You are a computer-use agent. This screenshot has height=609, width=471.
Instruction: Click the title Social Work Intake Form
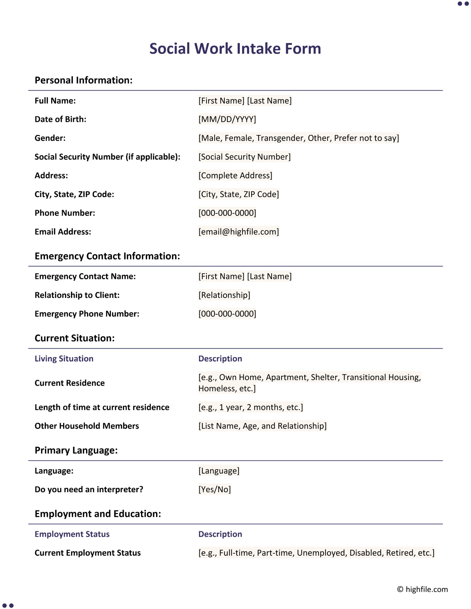(x=235, y=49)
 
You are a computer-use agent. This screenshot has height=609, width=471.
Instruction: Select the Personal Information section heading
(x=84, y=80)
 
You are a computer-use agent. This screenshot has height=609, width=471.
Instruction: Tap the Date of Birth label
(x=60, y=119)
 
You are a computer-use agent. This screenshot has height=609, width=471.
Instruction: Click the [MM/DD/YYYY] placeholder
(x=227, y=119)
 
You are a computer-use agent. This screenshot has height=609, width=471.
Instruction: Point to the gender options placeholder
(x=298, y=138)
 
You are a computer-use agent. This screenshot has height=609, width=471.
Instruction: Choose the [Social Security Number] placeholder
(x=244, y=157)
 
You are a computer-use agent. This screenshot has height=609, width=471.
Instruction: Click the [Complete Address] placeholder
(x=235, y=175)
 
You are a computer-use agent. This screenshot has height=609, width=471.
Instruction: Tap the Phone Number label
(x=65, y=213)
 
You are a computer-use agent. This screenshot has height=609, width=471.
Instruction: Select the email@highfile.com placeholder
(x=238, y=232)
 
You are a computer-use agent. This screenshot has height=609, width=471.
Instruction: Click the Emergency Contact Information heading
(x=107, y=256)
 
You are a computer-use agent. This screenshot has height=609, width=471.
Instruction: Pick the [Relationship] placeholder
(x=224, y=295)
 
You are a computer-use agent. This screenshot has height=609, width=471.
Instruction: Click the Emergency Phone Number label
(x=87, y=314)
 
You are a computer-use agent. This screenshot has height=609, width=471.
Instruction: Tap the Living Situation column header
(x=64, y=359)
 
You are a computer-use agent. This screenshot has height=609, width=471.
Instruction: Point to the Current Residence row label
(x=69, y=383)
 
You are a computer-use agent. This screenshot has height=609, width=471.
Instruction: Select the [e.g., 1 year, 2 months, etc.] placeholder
(x=251, y=407)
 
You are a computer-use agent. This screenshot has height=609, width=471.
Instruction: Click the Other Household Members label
(x=87, y=426)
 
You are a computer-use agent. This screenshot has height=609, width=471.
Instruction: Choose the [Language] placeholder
(x=219, y=471)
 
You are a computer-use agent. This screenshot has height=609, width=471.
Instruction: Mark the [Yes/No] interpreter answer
(x=214, y=489)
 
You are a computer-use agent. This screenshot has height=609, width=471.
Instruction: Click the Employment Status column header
(x=72, y=534)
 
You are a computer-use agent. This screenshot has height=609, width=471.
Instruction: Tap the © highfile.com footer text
(x=422, y=589)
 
